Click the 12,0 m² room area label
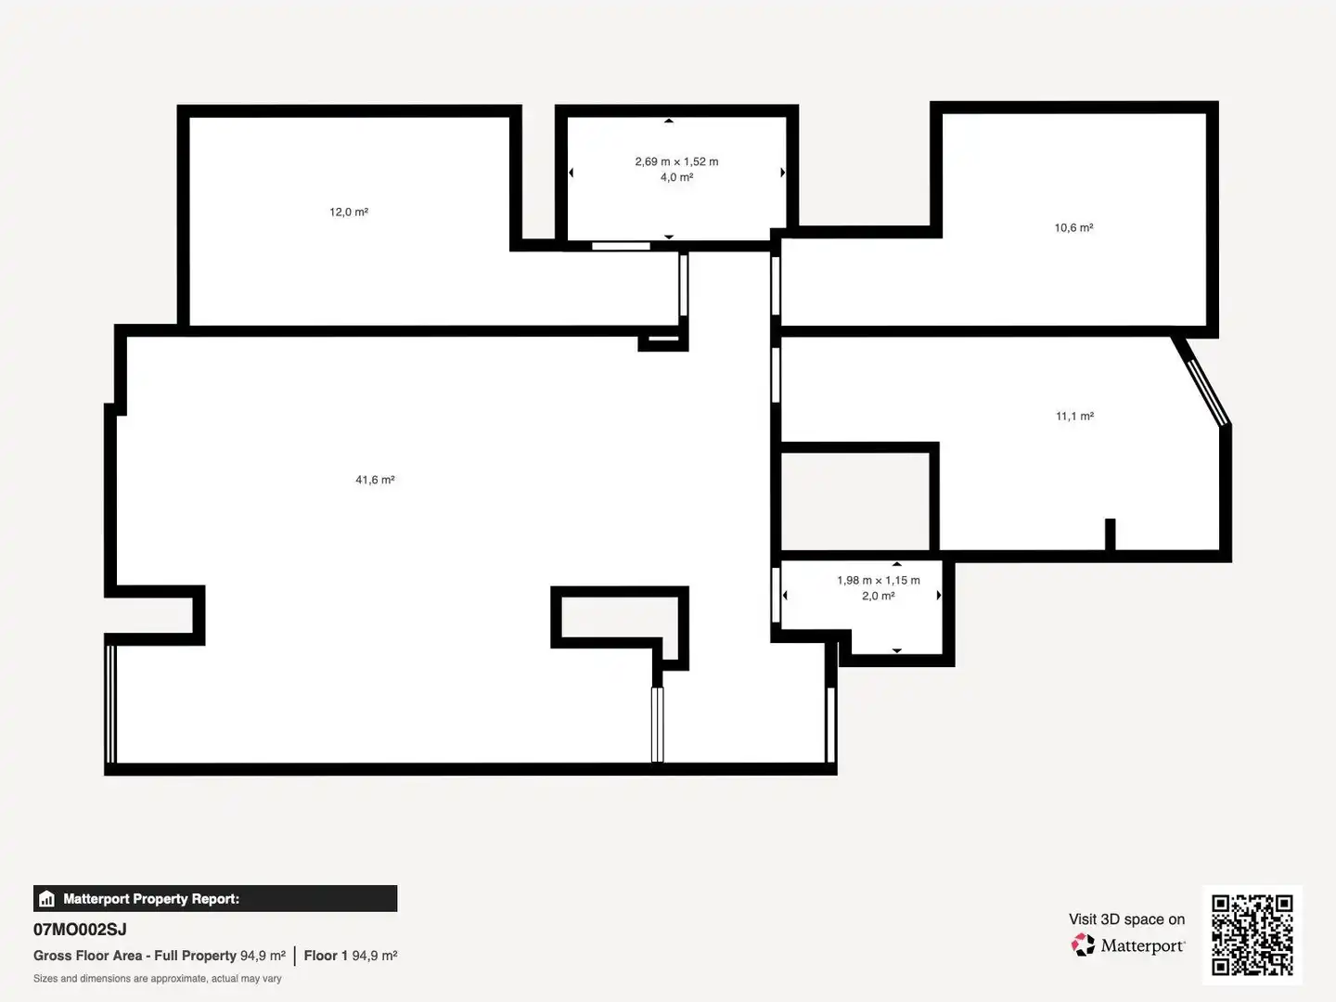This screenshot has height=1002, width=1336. point(349,212)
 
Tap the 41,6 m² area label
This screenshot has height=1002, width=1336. point(375,480)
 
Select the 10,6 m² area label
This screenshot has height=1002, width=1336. point(1073,227)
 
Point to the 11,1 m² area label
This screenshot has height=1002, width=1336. point(1074,417)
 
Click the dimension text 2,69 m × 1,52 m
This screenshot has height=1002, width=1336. point(676,161)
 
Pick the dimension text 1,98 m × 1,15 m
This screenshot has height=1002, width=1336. point(879,581)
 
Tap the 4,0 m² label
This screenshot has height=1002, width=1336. point(677,177)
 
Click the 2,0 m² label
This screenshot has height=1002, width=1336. point(879,597)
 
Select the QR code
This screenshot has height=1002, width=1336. point(1252,935)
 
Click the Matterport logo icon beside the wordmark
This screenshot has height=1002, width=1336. point(1083,944)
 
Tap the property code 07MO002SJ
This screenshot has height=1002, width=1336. point(80,930)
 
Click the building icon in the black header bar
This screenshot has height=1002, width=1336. point(47,899)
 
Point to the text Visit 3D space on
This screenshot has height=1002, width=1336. point(1126,919)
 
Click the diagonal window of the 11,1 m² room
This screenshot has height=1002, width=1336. point(1208,392)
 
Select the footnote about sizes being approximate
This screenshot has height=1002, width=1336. point(157,978)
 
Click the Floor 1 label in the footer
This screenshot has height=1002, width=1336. point(326,956)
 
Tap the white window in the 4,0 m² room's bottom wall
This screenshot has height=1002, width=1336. point(621,247)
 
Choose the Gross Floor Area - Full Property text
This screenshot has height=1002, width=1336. point(135,956)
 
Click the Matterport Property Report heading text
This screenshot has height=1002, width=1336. point(151,899)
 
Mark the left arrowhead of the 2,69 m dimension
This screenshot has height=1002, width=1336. point(571,173)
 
